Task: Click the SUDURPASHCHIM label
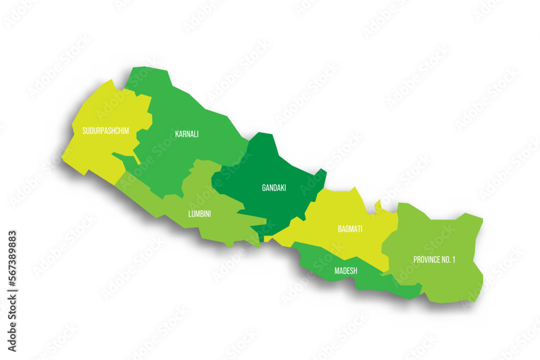105,131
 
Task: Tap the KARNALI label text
187,134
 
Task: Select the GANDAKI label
274,188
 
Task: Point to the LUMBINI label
199,214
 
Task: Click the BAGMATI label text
350,229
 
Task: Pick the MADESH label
346,270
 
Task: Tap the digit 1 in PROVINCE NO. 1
454,260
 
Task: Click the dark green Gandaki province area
270,167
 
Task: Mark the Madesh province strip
378,281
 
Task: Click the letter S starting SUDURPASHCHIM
84,131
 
